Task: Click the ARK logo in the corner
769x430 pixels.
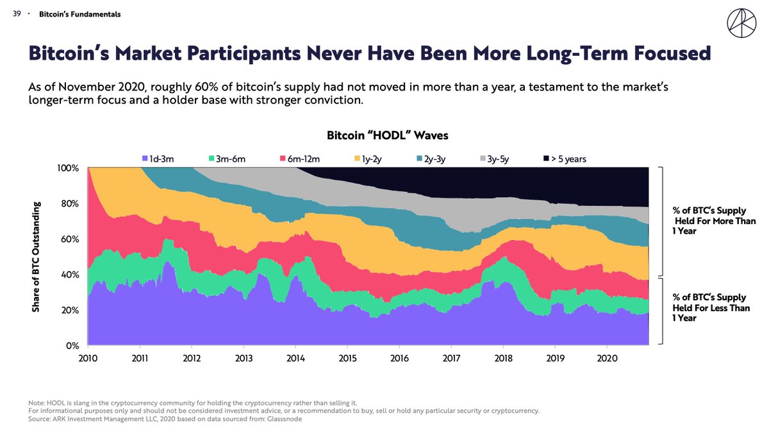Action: pos(741,24)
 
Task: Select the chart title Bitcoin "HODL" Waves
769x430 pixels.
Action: pos(387,135)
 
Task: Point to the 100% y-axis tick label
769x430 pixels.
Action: pos(68,168)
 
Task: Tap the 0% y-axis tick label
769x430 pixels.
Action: pos(72,346)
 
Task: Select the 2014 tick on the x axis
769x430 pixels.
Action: pos(295,357)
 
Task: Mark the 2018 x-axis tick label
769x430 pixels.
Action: pos(503,357)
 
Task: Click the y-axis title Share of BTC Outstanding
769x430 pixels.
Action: pos(36,257)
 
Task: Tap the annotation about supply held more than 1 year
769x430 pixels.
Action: pos(713,221)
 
